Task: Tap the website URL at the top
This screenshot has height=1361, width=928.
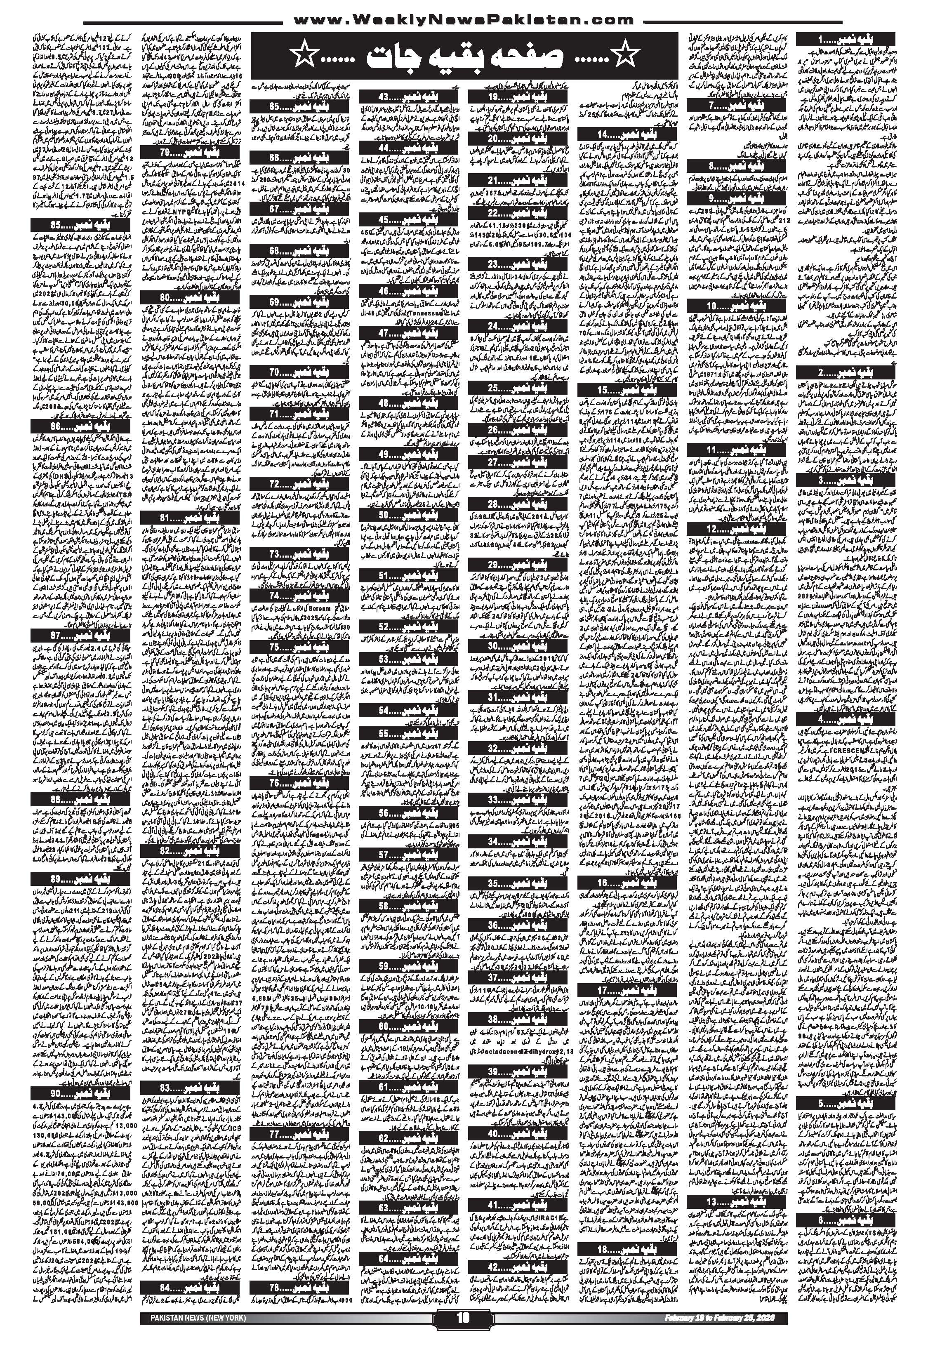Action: (463, 20)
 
